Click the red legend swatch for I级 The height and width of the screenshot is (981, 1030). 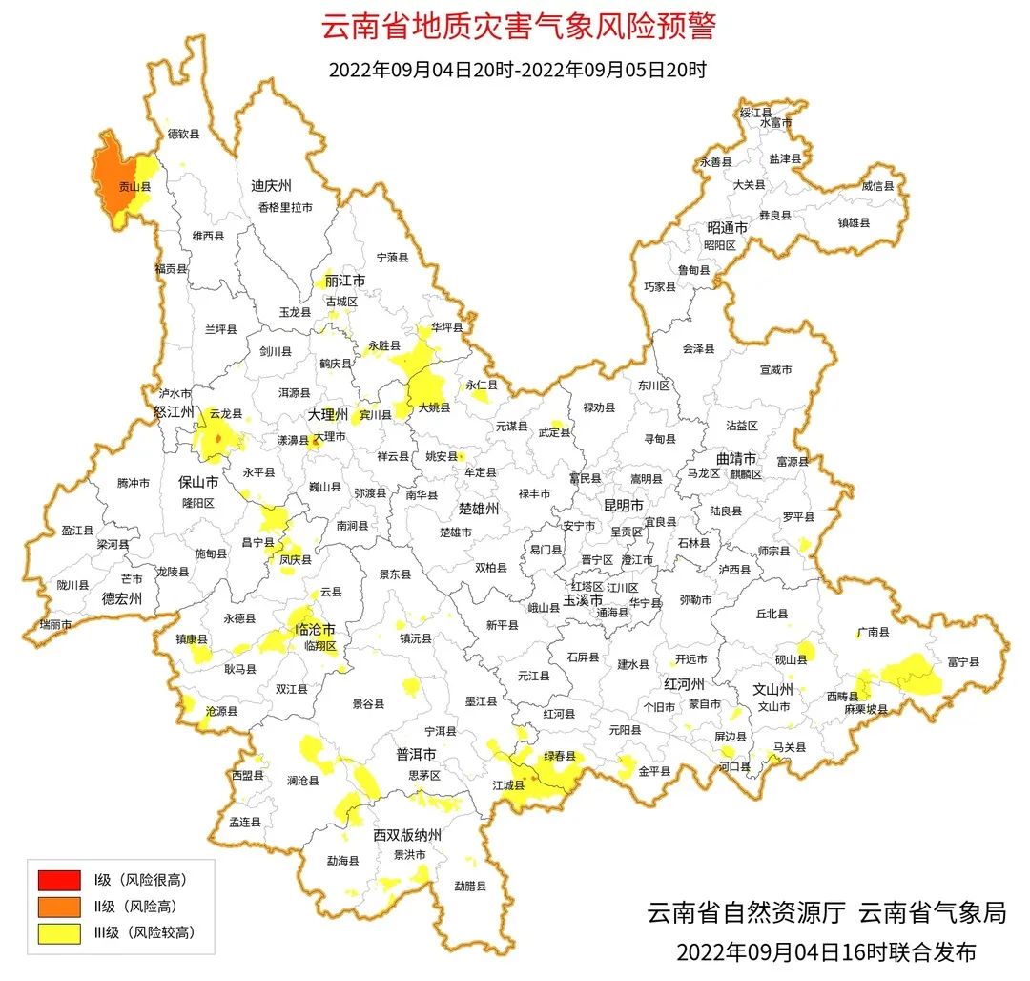[x=59, y=879]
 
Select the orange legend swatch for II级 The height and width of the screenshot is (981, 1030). [x=59, y=906]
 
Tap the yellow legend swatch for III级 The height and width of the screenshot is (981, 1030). [x=59, y=932]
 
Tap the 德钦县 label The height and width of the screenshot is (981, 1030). [x=183, y=135]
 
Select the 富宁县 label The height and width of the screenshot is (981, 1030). [x=962, y=660]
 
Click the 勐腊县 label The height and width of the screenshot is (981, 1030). [x=470, y=886]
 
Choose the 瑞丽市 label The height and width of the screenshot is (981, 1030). [x=54, y=624]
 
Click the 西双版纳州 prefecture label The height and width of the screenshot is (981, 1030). [x=407, y=835]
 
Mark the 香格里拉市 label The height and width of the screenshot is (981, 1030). [x=284, y=207]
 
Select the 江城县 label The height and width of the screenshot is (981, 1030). [x=508, y=785]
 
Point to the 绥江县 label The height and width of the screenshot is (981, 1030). [x=755, y=113]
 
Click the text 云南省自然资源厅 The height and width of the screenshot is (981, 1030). [x=746, y=913]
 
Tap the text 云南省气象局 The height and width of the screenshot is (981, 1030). [x=932, y=913]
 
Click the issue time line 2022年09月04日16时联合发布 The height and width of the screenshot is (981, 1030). [x=826, y=951]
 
